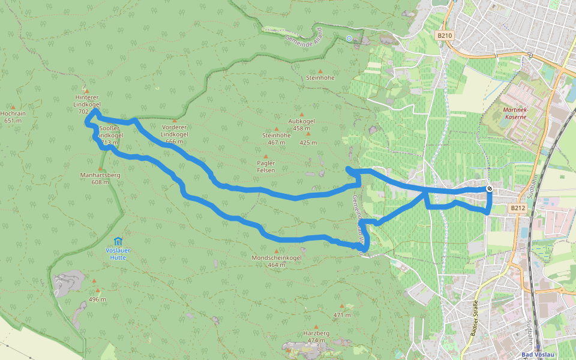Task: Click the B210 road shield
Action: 444,35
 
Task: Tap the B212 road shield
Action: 518,208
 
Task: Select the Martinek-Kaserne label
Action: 515,113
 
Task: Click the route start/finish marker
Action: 490,189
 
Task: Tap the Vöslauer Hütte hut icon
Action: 118,241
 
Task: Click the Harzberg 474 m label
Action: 316,337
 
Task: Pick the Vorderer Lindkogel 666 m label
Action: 175,134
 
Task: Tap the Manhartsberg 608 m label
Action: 100,178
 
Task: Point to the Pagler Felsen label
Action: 266,167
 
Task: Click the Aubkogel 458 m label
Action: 301,124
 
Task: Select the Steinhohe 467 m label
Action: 276,139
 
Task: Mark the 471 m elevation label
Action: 341,315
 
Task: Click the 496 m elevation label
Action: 97,299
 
